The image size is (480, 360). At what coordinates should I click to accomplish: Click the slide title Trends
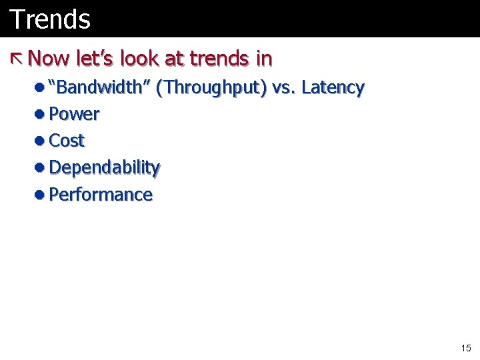50,19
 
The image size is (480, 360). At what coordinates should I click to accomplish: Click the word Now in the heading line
48,59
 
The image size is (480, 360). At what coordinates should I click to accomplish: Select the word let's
93,59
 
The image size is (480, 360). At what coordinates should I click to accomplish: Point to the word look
140,59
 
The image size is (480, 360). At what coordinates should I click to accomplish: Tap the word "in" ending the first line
264,59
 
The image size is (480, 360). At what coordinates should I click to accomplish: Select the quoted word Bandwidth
99,87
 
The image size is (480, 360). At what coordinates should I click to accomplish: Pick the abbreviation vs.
284,88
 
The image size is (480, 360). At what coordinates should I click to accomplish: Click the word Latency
333,88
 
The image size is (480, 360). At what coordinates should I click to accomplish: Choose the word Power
74,115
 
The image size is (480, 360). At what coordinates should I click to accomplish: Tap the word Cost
67,141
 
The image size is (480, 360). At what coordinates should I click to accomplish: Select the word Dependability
105,168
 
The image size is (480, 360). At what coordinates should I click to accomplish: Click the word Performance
101,195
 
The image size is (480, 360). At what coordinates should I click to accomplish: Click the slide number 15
465,348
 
